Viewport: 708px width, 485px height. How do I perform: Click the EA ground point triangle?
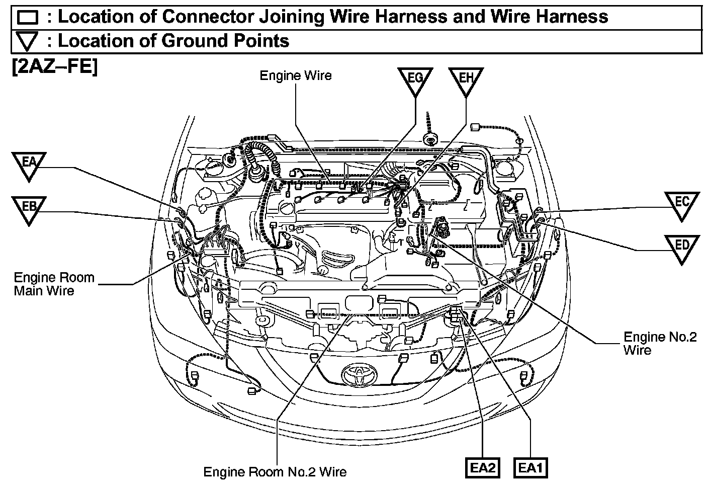coord(29,164)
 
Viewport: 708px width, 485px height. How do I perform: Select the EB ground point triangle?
coord(29,209)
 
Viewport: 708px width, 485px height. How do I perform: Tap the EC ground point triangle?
coord(681,204)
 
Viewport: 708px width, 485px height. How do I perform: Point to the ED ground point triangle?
coord(681,247)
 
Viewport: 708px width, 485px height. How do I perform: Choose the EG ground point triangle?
coord(415,80)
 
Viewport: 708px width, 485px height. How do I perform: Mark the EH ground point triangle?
coord(466,80)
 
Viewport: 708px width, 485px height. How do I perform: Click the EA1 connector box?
coord(530,468)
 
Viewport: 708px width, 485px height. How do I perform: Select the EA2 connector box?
coord(483,468)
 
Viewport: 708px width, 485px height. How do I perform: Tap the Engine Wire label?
coord(296,76)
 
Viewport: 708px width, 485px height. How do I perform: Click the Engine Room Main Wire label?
coord(54,284)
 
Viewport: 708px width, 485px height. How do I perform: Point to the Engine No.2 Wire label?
coord(660,343)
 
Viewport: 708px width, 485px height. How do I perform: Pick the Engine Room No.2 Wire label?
coord(275,472)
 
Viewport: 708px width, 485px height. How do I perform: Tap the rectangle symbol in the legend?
coord(28,18)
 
